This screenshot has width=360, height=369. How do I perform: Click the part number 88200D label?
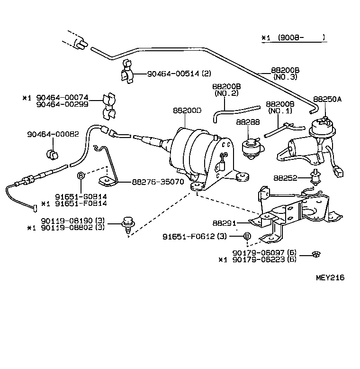click(x=187, y=111)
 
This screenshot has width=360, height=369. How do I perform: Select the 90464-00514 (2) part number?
click(x=179, y=74)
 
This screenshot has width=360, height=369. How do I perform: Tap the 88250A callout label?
click(x=326, y=100)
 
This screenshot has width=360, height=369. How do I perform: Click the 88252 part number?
click(x=285, y=178)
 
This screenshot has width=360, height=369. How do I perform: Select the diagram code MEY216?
click(x=330, y=278)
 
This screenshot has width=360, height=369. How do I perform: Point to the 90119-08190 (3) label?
click(x=72, y=221)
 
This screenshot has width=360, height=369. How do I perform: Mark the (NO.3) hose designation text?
click(x=285, y=77)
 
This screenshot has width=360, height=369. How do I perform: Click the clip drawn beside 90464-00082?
click(x=52, y=154)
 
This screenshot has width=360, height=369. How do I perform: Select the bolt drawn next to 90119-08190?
click(x=127, y=222)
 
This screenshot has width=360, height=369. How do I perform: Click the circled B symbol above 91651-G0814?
click(x=81, y=176)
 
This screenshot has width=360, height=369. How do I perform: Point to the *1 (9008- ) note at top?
click(x=294, y=37)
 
